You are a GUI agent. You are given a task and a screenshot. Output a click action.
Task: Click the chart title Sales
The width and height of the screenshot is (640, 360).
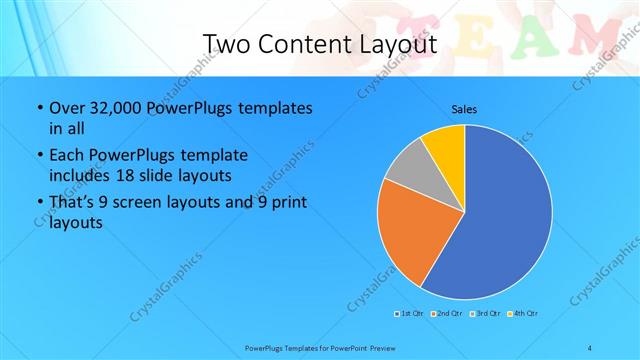464,108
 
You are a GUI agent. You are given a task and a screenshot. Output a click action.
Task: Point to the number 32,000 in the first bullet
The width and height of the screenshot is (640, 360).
113,107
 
